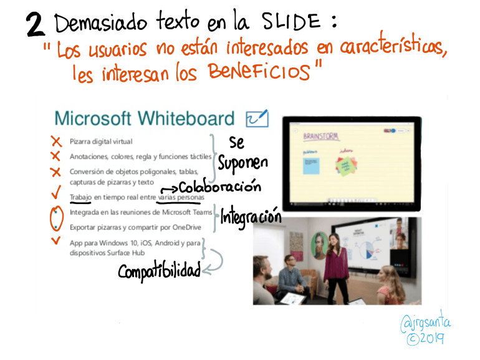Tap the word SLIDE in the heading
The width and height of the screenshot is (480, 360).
[x=290, y=23]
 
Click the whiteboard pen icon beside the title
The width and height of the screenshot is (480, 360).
[x=257, y=118]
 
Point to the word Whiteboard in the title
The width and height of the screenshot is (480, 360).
[x=186, y=118]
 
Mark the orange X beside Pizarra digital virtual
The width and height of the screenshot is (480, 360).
[x=55, y=141]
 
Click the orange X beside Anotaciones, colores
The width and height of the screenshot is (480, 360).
[x=55, y=156]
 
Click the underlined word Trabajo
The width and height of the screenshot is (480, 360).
[x=80, y=198]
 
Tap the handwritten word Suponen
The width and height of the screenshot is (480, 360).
[x=242, y=163]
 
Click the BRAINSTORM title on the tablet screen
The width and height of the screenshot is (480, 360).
[x=320, y=135]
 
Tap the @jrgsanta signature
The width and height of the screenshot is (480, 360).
[x=427, y=323]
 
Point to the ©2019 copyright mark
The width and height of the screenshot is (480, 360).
[x=425, y=339]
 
